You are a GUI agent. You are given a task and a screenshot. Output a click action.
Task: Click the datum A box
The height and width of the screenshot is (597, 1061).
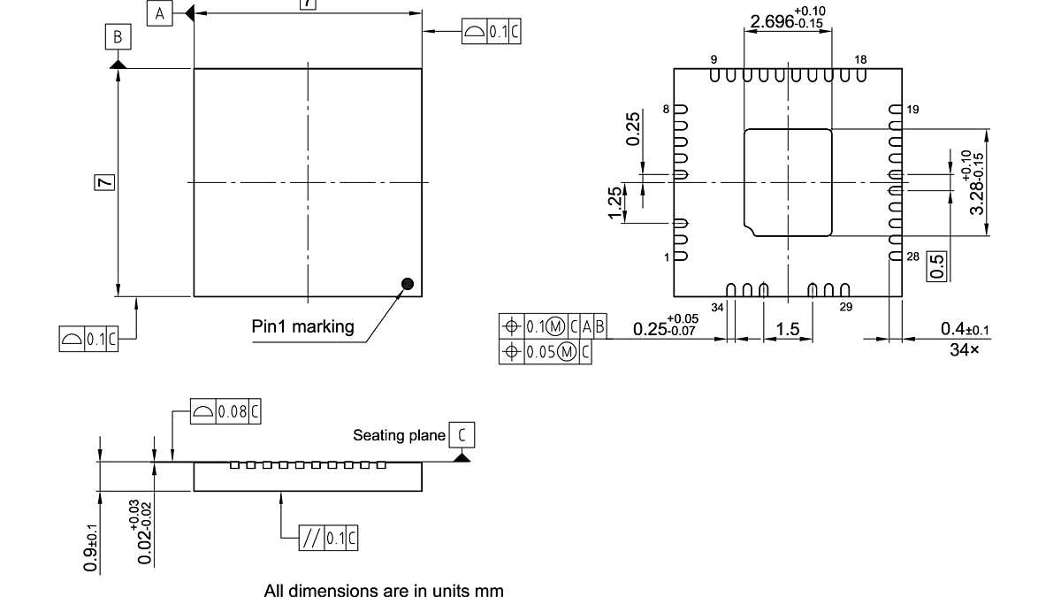click(160, 13)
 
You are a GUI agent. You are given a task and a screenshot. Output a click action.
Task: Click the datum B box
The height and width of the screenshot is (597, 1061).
click(118, 37)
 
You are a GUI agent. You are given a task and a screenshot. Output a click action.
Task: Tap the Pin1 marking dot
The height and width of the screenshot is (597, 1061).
click(408, 284)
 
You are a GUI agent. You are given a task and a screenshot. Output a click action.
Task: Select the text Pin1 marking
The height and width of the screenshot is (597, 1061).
click(303, 326)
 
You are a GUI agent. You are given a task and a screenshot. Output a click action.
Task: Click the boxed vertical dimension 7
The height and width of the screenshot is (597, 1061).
click(104, 182)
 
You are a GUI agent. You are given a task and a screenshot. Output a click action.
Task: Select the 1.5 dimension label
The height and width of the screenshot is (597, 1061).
click(787, 330)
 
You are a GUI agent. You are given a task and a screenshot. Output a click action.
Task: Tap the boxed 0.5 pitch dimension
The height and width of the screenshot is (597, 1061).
click(939, 264)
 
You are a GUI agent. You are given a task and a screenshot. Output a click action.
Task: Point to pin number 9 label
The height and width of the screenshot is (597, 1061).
click(713, 59)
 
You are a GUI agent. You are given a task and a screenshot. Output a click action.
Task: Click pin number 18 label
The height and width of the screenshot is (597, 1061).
click(861, 59)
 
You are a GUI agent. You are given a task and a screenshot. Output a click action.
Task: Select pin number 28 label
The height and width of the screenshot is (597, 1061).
click(913, 256)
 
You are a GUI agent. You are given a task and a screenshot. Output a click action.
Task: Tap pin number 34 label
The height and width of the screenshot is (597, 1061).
click(717, 307)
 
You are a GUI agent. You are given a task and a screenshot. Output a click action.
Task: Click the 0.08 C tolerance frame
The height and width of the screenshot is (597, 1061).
click(226, 411)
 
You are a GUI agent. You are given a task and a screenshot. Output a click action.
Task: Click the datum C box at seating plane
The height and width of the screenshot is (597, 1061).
click(462, 435)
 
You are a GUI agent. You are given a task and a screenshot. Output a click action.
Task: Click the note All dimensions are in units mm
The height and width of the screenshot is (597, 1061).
click(384, 589)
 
